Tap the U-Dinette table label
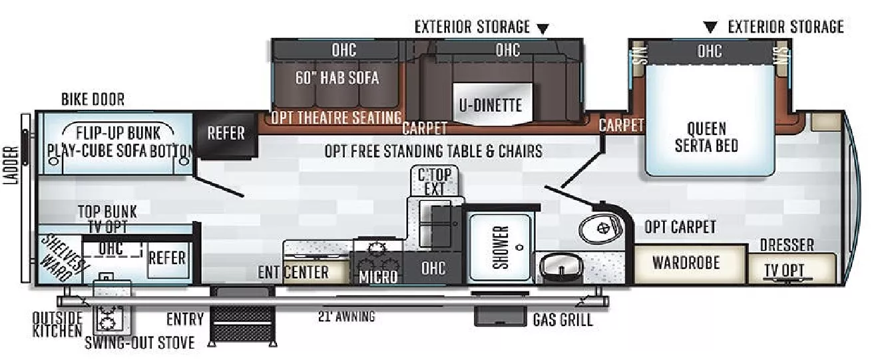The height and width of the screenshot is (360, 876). tap(490, 105)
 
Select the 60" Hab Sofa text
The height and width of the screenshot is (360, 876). tap(337, 78)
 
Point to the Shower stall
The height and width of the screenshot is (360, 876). tap(501, 247)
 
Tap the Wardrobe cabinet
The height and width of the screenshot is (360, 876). tap(686, 262)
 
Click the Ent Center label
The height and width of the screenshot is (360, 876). tap(294, 272)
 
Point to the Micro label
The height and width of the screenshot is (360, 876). tap(378, 275)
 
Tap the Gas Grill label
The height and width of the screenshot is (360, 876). tap(562, 321)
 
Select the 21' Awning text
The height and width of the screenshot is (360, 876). tap(346, 317)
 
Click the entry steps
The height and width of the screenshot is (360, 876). tap(242, 323)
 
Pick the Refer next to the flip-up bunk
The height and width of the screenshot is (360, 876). tap(226, 133)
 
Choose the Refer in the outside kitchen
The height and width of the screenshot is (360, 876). tap(166, 258)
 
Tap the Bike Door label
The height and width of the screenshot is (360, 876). tap(93, 100)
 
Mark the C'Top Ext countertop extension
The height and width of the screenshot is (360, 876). tap(434, 182)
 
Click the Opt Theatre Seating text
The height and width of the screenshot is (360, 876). tap(336, 118)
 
